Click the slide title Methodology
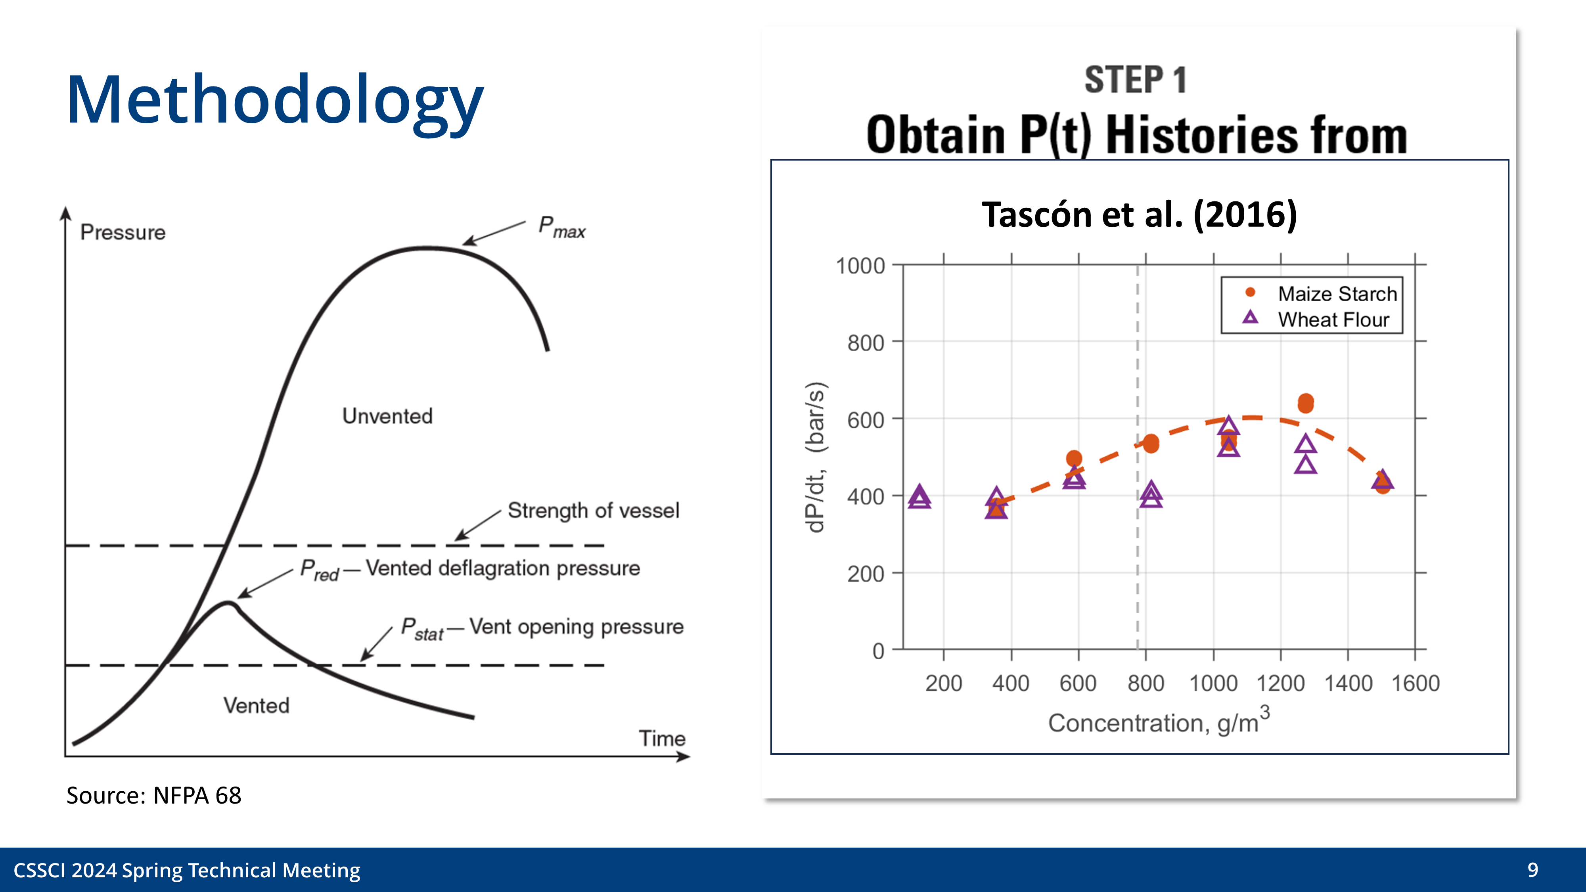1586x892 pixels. point(275,100)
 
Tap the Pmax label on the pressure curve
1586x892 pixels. point(561,227)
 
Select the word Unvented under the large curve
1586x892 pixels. point(387,416)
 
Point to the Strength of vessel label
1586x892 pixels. point(593,510)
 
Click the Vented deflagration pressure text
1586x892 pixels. point(502,568)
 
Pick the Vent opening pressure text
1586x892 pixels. point(576,627)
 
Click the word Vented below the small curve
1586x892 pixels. point(256,706)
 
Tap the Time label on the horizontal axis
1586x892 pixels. point(661,738)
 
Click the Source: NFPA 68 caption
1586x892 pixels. point(153,795)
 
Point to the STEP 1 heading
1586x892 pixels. point(1135,80)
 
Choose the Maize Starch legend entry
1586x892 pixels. point(1337,294)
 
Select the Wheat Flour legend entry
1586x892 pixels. point(1333,320)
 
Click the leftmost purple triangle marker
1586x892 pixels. point(919,497)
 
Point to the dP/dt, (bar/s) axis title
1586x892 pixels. point(815,457)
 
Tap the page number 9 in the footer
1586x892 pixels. point(1532,870)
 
